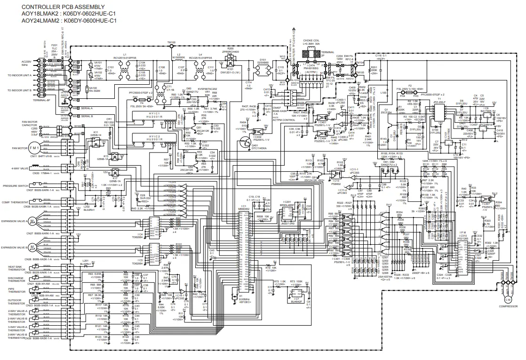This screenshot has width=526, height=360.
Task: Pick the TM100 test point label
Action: point(171,43)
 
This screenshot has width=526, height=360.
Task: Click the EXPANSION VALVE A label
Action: point(14,221)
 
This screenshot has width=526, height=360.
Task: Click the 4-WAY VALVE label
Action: point(18,168)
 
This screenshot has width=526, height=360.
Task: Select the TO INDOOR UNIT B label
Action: point(19,89)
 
